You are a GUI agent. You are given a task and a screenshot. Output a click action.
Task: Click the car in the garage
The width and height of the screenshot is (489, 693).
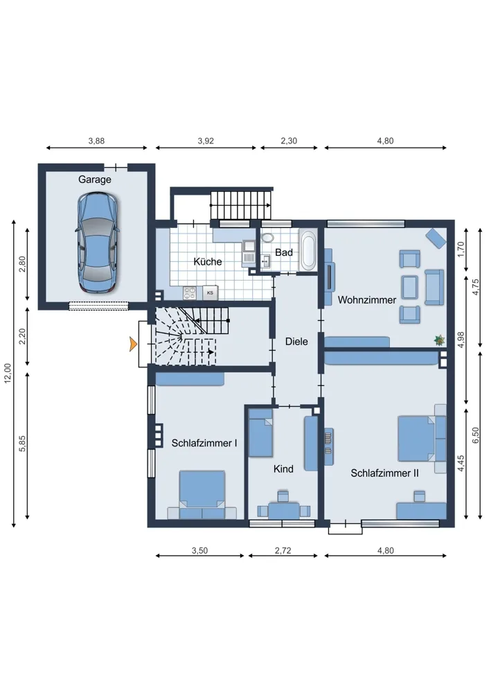[x=98, y=243]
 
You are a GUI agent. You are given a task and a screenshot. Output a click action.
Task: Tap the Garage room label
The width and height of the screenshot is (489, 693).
[x=94, y=179]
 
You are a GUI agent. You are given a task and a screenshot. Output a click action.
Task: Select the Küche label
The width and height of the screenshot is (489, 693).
[x=208, y=262]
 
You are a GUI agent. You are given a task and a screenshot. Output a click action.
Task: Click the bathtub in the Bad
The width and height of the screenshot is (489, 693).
[x=308, y=251]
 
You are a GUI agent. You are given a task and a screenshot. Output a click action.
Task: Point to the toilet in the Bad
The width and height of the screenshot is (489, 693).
[x=267, y=238]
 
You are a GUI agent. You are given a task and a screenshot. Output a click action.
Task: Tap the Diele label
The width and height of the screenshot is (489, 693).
[x=296, y=342]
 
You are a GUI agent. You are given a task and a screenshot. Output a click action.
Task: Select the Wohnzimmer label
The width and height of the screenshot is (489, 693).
[x=366, y=300]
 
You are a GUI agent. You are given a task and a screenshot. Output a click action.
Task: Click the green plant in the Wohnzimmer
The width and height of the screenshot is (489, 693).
[x=440, y=340]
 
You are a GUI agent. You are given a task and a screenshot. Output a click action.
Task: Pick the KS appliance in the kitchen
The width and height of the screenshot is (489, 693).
[x=211, y=292]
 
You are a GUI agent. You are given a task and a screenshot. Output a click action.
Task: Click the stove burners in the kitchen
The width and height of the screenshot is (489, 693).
[x=190, y=292]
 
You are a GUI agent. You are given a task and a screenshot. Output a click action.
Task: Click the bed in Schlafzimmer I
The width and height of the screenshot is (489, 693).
[x=202, y=495]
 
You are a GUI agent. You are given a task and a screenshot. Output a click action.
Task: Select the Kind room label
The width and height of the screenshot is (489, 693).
[x=283, y=469]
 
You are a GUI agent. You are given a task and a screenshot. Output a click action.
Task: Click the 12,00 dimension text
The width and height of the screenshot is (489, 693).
[x=8, y=374]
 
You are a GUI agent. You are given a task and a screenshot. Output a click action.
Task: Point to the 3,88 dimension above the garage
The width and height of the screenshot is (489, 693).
[x=96, y=141]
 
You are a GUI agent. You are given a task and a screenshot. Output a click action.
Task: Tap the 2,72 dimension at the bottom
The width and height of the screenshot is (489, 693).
[x=283, y=551]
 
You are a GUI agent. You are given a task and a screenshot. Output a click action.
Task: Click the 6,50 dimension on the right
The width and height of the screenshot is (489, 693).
[x=476, y=436]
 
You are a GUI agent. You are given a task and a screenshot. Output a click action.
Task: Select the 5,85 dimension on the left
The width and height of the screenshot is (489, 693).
[x=23, y=444]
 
